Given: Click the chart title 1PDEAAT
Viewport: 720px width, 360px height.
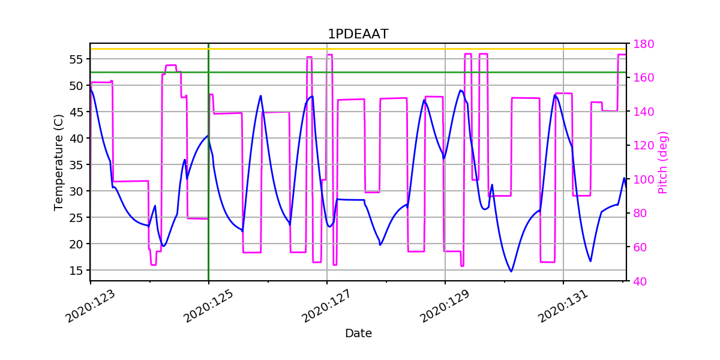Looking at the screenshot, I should click(x=358, y=34).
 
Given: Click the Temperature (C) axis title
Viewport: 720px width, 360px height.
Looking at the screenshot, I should click(x=59, y=162).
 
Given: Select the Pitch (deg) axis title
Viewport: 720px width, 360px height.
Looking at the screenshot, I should click(x=663, y=162).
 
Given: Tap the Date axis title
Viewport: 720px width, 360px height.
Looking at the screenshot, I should click(x=358, y=334).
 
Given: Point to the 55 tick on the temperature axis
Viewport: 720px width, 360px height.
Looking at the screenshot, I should click(x=76, y=59).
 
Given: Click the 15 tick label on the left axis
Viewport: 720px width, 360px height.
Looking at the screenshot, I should click(x=76, y=271).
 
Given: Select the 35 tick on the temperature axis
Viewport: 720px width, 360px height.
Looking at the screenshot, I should click(x=76, y=165).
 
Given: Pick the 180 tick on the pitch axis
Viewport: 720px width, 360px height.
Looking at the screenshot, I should click(x=643, y=44).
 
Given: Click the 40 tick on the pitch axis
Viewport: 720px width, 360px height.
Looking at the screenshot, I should click(x=640, y=281).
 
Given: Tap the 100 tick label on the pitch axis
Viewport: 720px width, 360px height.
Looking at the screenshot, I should click(x=643, y=179).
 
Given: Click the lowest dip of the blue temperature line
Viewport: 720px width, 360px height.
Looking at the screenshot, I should click(x=511, y=271).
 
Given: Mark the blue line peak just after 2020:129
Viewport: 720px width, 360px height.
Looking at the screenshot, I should click(x=460, y=91).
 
